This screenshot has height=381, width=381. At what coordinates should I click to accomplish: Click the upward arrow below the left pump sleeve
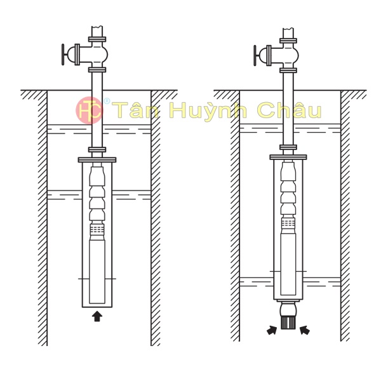(97, 316)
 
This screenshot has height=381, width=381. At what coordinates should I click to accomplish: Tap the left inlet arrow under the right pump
(272, 330)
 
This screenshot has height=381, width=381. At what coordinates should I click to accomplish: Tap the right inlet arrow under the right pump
(305, 330)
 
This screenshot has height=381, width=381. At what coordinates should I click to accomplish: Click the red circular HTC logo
(89, 110)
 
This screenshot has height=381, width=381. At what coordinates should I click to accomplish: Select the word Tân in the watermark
(137, 110)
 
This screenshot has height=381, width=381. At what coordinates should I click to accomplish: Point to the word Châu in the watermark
(289, 110)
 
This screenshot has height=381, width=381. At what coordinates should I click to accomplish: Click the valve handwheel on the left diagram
(63, 55)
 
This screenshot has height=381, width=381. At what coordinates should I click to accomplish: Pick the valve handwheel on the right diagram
(255, 55)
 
